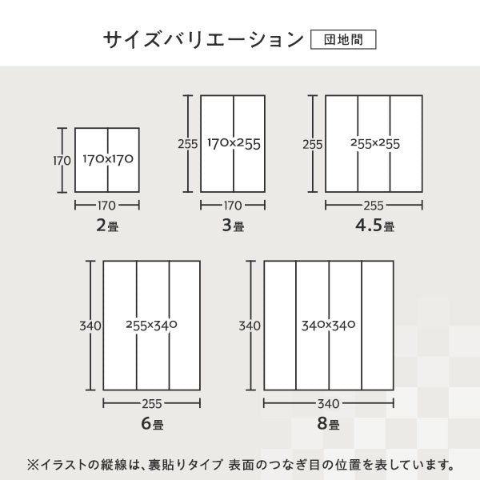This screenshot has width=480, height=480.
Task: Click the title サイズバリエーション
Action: [204, 39]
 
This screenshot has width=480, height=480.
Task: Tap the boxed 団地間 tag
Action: [342, 39]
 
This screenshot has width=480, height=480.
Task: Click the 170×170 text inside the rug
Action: [107, 159]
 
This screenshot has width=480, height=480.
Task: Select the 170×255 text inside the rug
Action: [234, 144]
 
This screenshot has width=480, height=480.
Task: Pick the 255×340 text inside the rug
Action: [151, 326]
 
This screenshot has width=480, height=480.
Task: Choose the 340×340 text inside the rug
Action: [328, 326]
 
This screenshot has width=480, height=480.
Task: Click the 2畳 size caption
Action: [107, 226]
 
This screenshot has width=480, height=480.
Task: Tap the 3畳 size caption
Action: [233, 226]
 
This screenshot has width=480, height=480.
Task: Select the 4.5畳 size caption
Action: [374, 226]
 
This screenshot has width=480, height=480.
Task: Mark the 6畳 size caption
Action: [151, 424]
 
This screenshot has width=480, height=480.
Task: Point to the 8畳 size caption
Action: [328, 424]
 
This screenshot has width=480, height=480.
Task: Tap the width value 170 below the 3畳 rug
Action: [233, 205]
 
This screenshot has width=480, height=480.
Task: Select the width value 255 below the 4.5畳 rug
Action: [374, 205]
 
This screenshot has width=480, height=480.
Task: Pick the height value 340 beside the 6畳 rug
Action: [90, 326]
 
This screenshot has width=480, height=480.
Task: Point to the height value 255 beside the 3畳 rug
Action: [188, 144]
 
